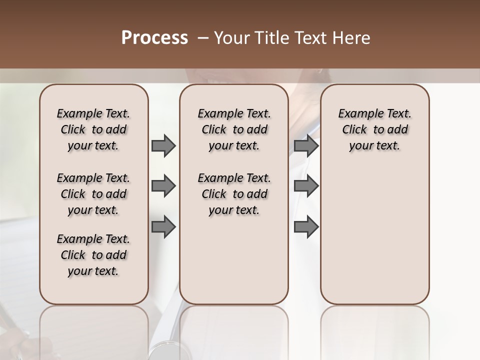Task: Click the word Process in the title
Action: click(154, 38)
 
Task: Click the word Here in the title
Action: click(351, 38)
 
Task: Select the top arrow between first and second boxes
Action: click(163, 145)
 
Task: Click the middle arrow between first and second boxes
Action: click(163, 186)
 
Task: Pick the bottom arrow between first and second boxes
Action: click(163, 227)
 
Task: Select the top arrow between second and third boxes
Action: click(306, 145)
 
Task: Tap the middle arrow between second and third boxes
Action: click(306, 186)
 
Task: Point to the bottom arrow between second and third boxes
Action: click(306, 227)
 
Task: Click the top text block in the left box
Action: click(93, 129)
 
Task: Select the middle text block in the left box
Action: click(93, 194)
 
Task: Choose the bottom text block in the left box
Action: click(93, 255)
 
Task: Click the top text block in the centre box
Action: click(234, 129)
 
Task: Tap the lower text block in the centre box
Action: click(234, 194)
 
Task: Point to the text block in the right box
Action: click(375, 129)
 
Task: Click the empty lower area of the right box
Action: click(375, 235)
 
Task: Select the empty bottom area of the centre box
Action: click(234, 265)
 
